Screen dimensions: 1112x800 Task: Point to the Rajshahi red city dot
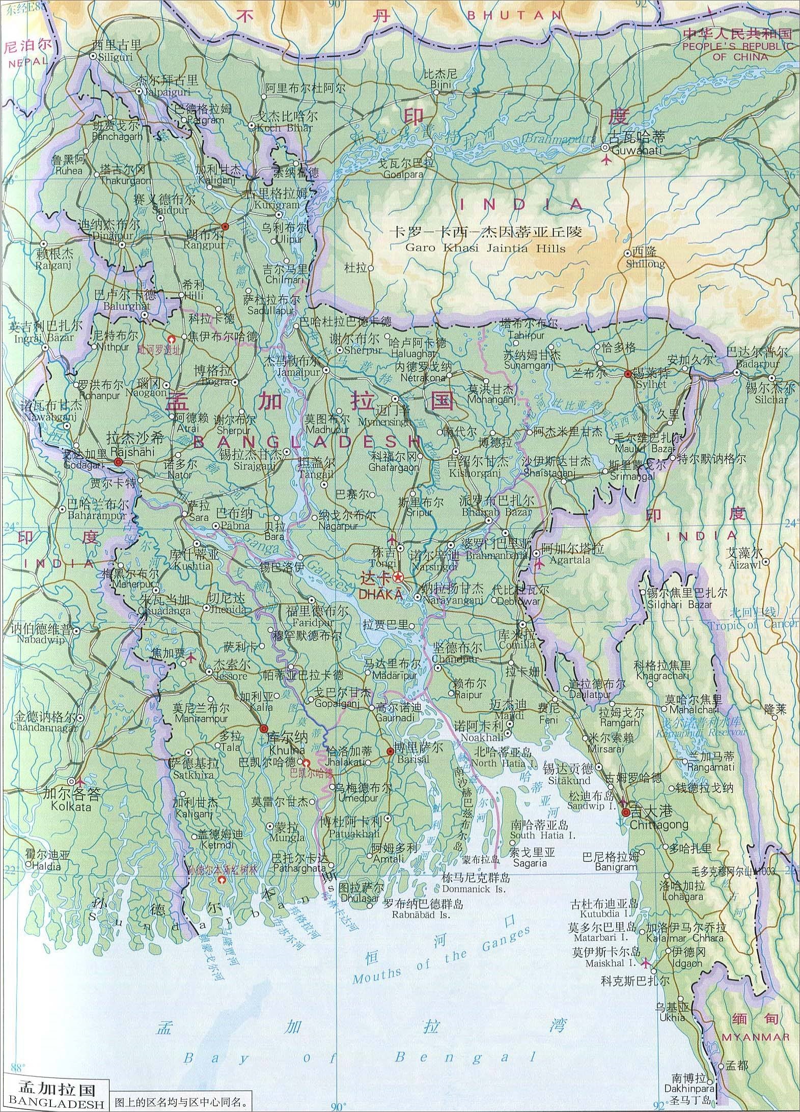118,462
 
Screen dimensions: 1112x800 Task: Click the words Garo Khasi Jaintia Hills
485,248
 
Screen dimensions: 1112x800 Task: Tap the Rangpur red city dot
225,227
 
